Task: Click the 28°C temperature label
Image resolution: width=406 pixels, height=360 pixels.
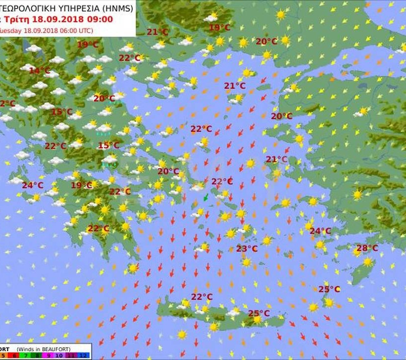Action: pyautogui.click(x=367, y=248)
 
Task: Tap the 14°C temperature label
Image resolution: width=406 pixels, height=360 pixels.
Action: pyautogui.click(x=40, y=71)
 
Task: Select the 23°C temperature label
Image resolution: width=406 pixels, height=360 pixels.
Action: pyautogui.click(x=247, y=249)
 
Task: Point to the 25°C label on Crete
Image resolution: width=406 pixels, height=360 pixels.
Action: pyautogui.click(x=258, y=313)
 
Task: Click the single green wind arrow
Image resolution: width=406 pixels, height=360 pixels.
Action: pyautogui.click(x=206, y=198)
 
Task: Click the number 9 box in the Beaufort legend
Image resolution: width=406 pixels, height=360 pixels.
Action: pyautogui.click(x=49, y=356)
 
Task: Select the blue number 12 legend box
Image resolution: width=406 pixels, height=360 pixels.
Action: pyautogui.click(x=83, y=356)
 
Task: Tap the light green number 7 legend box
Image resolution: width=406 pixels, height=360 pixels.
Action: pyautogui.click(x=25, y=356)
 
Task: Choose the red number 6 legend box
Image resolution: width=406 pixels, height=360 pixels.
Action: pyautogui.click(x=14, y=356)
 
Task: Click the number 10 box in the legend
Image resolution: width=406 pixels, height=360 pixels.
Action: pyautogui.click(x=59, y=356)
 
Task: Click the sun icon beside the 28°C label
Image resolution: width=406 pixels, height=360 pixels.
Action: pyautogui.click(x=368, y=261)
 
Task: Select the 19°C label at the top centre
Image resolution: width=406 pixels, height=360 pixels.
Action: pyautogui.click(x=219, y=28)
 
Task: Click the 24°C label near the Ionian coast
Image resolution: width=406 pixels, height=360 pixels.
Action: pyautogui.click(x=32, y=185)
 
